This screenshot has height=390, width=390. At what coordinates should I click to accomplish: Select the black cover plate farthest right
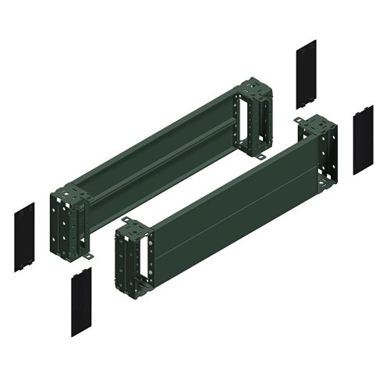coord(363,141)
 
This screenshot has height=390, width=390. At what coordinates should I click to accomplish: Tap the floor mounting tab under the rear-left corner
coord(87,255)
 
